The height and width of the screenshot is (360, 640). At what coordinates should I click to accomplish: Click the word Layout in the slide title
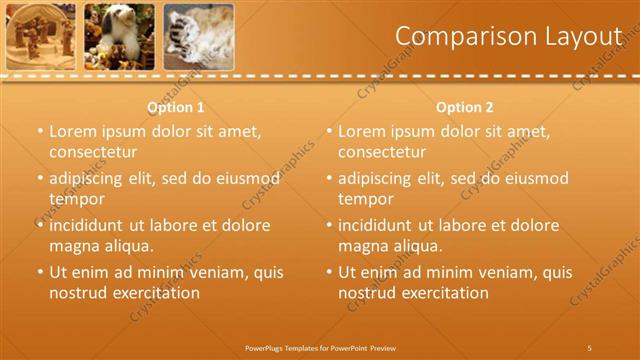pyautogui.click(x=586, y=36)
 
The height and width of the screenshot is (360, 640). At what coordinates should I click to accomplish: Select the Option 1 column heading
pyautogui.click(x=176, y=107)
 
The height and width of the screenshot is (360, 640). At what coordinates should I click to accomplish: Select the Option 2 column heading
pyautogui.click(x=465, y=107)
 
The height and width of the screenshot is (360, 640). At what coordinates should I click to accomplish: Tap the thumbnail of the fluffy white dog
pyautogui.click(x=119, y=36)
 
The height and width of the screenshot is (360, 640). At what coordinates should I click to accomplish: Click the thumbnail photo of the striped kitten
pyautogui.click(x=198, y=36)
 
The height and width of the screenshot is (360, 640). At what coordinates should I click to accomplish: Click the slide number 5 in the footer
pyautogui.click(x=590, y=347)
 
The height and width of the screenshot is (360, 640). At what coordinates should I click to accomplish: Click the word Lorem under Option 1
pyautogui.click(x=73, y=131)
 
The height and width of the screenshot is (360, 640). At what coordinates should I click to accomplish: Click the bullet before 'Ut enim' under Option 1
pyautogui.click(x=40, y=272)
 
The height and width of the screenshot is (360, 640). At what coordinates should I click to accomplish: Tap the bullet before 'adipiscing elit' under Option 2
pyautogui.click(x=329, y=178)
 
